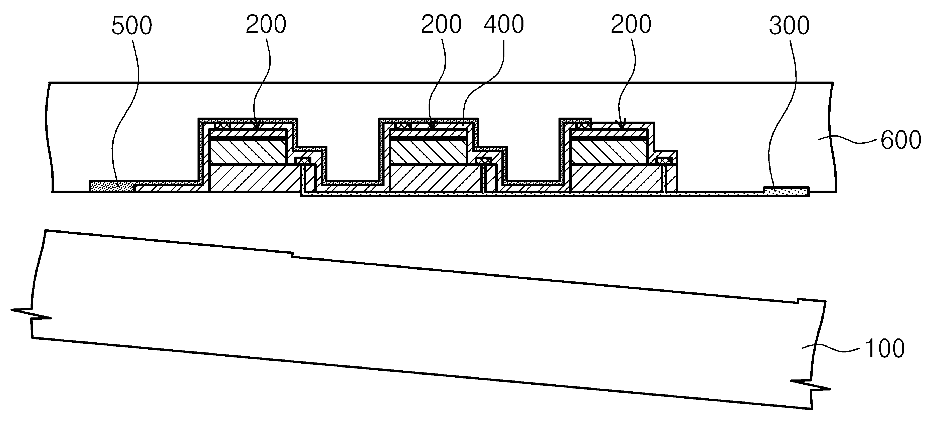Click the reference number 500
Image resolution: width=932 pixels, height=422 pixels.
pyautogui.click(x=132, y=26)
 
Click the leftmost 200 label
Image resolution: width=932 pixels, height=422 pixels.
pyautogui.click(x=266, y=25)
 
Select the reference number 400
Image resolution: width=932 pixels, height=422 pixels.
pyautogui.click(x=504, y=25)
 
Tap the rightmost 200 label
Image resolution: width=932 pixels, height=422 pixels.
pyautogui.click(x=631, y=25)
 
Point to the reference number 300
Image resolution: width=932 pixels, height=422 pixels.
pyautogui.click(x=789, y=26)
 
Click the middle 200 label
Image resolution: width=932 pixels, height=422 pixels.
pyautogui.click(x=441, y=25)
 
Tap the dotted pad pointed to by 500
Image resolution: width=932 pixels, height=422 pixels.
pyautogui.click(x=112, y=186)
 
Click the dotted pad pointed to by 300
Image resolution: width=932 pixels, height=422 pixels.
pyautogui.click(x=786, y=191)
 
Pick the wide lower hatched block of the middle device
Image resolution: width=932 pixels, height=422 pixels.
pyautogui.click(x=436, y=178)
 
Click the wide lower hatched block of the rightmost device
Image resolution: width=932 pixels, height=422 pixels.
pyautogui.click(x=616, y=178)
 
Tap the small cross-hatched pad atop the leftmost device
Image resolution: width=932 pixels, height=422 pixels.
pyautogui.click(x=222, y=126)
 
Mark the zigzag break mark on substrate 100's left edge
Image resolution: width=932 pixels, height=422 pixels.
pyautogui.click(x=31, y=314)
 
